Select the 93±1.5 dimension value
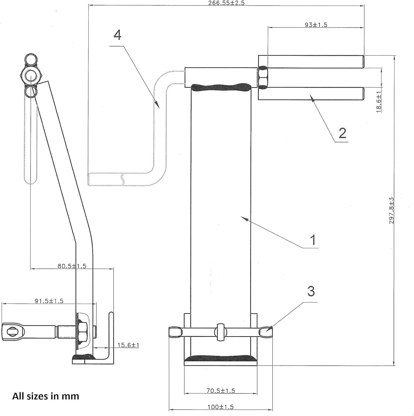tap(316, 25)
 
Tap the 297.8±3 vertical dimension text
tap(391, 210)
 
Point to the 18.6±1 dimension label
tap(379, 102)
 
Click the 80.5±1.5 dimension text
tap(72, 266)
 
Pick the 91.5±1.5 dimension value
tap(49, 301)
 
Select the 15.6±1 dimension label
tap(128, 345)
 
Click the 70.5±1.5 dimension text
tap(221, 390)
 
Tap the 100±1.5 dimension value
tap(221, 407)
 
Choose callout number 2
tap(342, 133)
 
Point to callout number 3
tap(311, 291)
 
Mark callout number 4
tap(118, 35)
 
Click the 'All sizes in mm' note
tap(46, 396)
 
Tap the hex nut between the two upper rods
tap(263, 77)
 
